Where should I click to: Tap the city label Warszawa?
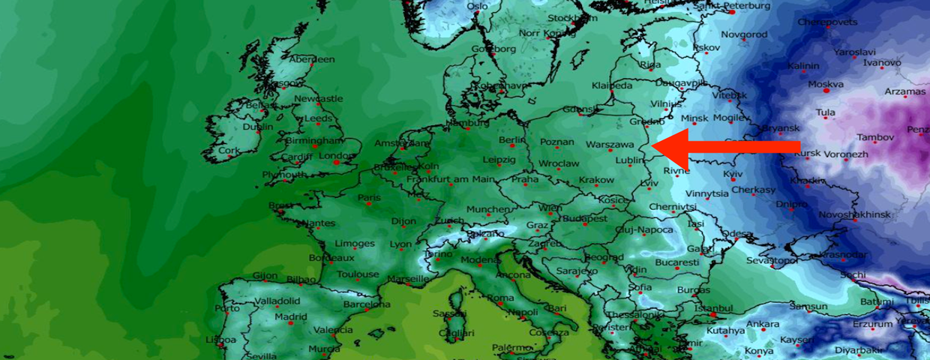(x=610, y=143)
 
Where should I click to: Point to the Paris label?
(x=369, y=198)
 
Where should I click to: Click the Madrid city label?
(x=291, y=316)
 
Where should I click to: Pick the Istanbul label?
(x=712, y=308)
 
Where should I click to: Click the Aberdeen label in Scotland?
(x=312, y=60)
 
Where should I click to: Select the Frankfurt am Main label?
(x=451, y=179)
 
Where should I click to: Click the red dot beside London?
(x=336, y=162)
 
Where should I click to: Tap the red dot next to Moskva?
(x=826, y=90)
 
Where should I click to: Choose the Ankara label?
(x=763, y=324)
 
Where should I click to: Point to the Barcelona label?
(x=367, y=304)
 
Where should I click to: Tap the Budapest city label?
(x=584, y=218)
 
